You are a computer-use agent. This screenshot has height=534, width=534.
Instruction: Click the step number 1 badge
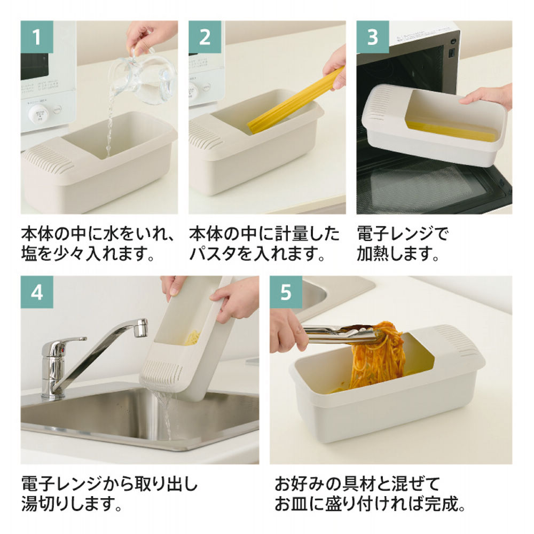(37, 37)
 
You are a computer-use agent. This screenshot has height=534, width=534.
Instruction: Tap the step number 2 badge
(205, 37)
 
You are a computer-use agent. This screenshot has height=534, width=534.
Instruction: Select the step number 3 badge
(373, 37)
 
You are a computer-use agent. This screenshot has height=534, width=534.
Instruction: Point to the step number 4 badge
(37, 292)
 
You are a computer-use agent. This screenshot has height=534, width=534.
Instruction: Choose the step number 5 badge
(286, 292)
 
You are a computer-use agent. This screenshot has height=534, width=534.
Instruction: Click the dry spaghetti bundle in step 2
(294, 101)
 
